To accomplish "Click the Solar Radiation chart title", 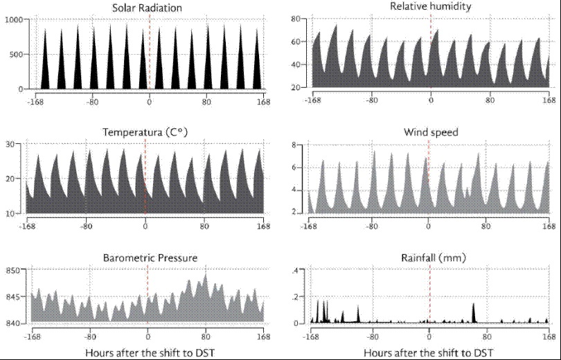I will click(x=148, y=8).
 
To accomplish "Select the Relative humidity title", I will click(x=430, y=7).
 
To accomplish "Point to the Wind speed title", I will click(x=429, y=132).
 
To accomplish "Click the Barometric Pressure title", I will click(x=147, y=258).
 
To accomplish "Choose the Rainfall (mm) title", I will click(x=429, y=258).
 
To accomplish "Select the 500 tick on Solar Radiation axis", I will click(x=16, y=54).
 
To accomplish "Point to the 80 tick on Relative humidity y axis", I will click(x=294, y=19).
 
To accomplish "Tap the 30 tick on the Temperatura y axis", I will click(x=10, y=144).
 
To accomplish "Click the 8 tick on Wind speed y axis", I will click(x=294, y=145).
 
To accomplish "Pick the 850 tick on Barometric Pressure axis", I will click(x=12, y=269).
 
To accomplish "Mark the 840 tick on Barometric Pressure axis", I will click(x=12, y=323).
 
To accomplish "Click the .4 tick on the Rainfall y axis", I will click(x=294, y=270).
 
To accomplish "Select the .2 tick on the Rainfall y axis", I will click(x=294, y=296).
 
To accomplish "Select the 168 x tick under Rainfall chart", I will click(x=549, y=336).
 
